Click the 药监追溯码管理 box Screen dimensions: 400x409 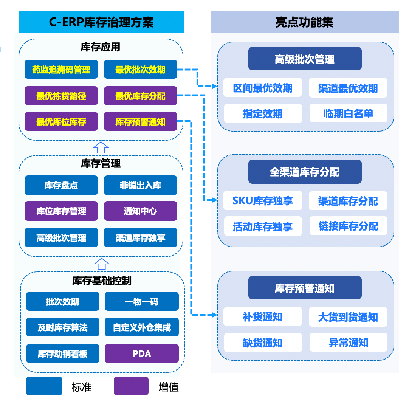[x=61, y=70]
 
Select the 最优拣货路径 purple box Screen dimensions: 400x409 [x=61, y=96]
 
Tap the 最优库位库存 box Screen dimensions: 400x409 [x=61, y=122]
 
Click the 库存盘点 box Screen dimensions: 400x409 [x=61, y=185]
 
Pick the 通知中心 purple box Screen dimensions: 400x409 [x=140, y=211]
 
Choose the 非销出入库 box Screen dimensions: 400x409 [x=140, y=185]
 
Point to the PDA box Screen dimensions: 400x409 [x=142, y=353]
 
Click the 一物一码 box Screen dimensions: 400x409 [x=142, y=302]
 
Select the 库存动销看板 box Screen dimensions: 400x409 [x=63, y=353]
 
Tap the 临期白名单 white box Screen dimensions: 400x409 [x=349, y=113]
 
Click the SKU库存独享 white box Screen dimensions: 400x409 [x=263, y=201]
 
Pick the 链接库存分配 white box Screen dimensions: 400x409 [x=349, y=226]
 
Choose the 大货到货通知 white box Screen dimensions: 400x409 [x=349, y=317]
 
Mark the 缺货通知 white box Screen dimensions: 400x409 [x=263, y=343]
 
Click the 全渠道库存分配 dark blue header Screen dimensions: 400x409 [x=305, y=172]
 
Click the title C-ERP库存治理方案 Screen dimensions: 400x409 [x=101, y=22]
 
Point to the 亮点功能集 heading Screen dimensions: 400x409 [x=305, y=22]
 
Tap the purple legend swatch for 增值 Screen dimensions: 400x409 [x=131, y=386]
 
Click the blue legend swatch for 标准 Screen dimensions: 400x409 [x=44, y=386]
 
